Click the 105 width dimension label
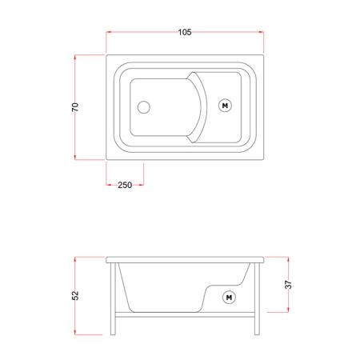[185, 32]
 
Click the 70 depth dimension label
[75, 107]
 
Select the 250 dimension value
[125, 185]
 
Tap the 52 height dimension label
[75, 295]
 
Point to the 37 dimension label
[289, 285]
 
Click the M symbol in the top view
[225, 106]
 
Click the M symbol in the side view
[229, 298]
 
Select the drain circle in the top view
[144, 107]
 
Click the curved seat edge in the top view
[204, 107]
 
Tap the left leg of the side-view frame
[113, 298]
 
